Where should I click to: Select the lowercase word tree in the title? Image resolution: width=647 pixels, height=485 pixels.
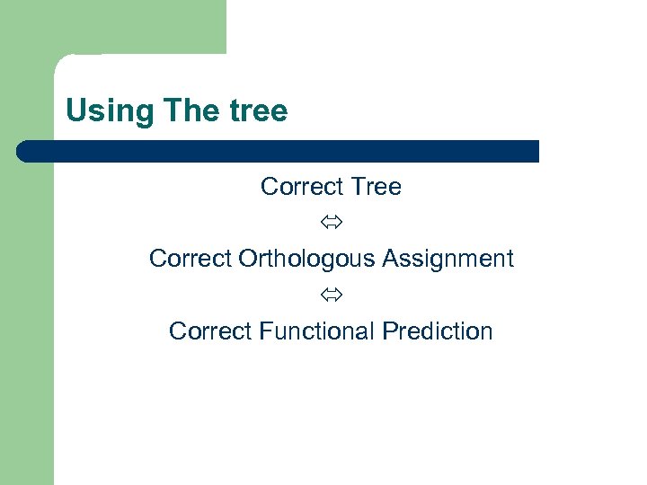(x=258, y=112)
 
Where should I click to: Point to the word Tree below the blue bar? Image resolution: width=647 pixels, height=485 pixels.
(x=376, y=187)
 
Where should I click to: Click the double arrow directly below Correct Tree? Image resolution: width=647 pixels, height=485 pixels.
(x=331, y=223)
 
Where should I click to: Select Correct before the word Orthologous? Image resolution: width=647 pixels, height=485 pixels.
(x=191, y=259)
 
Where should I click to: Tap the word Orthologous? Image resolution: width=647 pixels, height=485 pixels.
(x=306, y=260)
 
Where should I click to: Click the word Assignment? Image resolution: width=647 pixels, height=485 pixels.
(x=448, y=259)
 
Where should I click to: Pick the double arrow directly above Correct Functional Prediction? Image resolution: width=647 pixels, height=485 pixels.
(x=331, y=295)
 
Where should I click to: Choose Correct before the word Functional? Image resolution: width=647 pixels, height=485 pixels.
(x=210, y=331)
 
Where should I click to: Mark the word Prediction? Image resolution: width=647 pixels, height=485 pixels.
(x=438, y=331)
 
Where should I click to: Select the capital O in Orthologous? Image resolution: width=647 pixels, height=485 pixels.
(x=247, y=259)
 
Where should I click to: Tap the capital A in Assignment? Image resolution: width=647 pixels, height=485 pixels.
(x=390, y=259)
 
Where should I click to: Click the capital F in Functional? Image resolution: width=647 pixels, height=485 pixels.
(x=264, y=331)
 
